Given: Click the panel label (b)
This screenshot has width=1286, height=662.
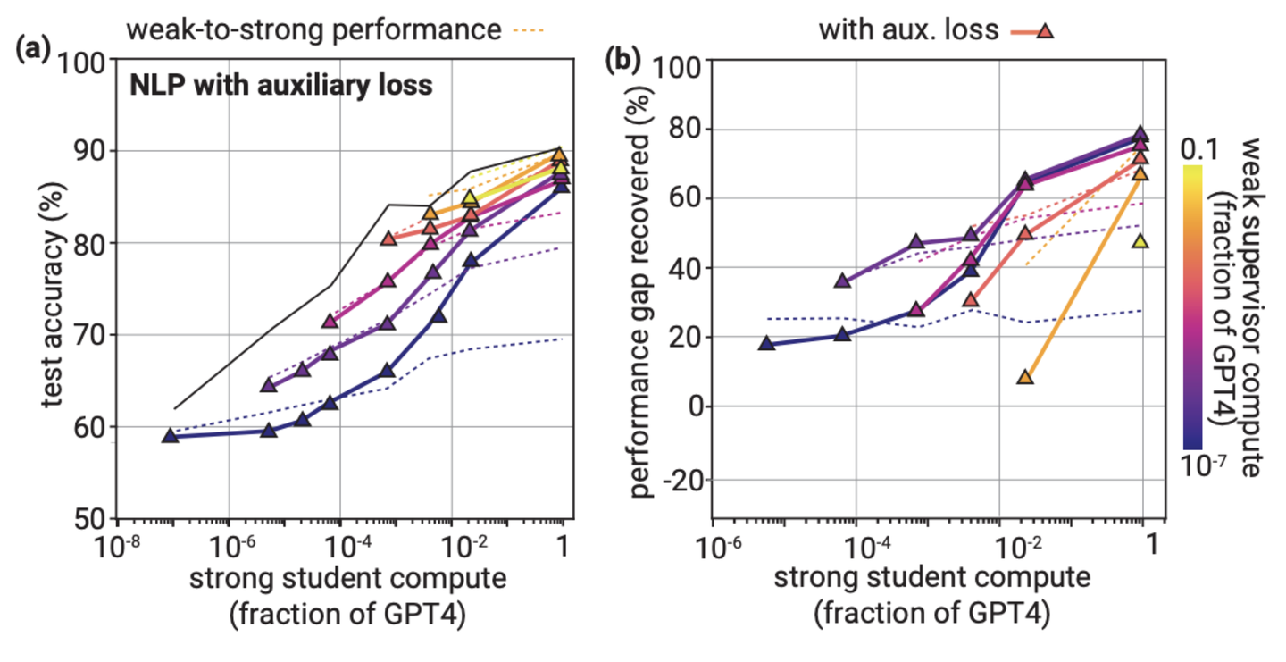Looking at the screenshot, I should coord(623,60).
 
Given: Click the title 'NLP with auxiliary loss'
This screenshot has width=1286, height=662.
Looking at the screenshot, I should coord(281,86).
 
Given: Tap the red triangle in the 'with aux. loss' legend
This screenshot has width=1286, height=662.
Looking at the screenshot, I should coord(1046,31).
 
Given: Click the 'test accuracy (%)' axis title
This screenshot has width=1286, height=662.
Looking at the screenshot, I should coord(53,289).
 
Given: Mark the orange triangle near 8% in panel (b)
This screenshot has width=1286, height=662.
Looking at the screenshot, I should coord(1025,378).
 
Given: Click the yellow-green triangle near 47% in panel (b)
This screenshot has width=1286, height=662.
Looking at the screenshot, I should coord(1140,241).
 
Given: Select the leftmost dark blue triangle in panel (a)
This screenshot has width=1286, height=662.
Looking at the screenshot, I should coord(171,436).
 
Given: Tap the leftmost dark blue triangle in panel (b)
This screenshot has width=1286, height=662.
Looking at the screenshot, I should coord(766,344).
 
